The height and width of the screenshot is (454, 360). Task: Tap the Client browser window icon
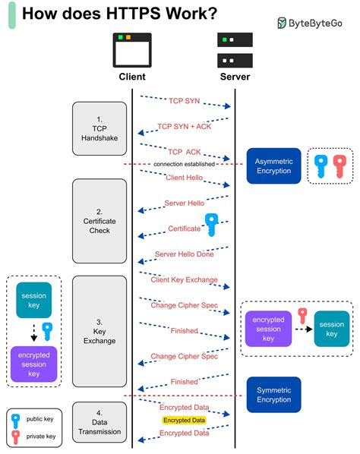(131, 51)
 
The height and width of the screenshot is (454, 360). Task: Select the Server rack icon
(234, 51)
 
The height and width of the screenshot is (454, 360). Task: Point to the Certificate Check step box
(99, 221)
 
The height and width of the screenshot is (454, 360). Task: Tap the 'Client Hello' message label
(185, 177)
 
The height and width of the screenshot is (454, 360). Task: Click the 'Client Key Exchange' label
(185, 279)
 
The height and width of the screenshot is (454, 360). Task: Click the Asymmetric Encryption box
(273, 166)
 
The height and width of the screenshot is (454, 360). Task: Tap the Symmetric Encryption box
(273, 394)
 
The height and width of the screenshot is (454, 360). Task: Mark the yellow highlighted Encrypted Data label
(184, 419)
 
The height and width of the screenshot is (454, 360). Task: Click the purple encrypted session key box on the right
(268, 329)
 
